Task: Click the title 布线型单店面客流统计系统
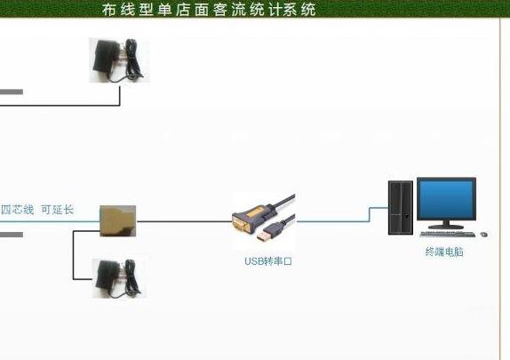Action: (x=209, y=10)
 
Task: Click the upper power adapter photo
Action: (x=119, y=60)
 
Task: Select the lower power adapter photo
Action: (x=119, y=278)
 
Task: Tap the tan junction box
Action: (x=118, y=220)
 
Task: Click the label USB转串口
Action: (x=268, y=261)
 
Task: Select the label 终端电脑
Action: (x=444, y=252)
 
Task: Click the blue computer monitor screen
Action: (x=446, y=199)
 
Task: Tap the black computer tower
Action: (x=401, y=208)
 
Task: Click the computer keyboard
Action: (x=447, y=234)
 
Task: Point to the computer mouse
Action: (x=484, y=234)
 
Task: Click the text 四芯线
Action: (x=17, y=210)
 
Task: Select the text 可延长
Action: (x=58, y=210)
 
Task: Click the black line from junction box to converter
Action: (x=185, y=221)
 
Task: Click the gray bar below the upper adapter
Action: (x=12, y=92)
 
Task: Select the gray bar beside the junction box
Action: (x=12, y=235)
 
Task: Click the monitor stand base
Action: (x=446, y=227)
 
